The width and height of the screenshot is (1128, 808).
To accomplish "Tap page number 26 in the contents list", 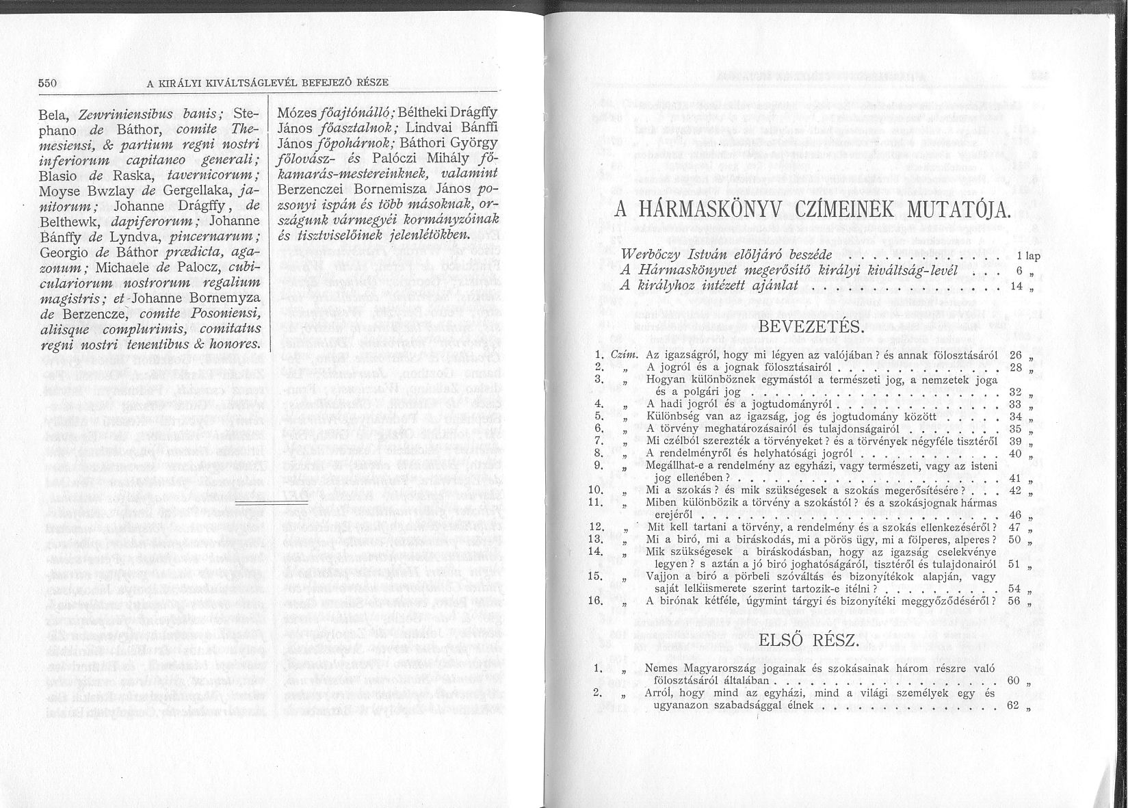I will [x=1015, y=355].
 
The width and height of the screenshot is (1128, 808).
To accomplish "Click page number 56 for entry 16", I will [x=1014, y=601].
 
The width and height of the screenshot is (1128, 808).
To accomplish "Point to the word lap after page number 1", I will [x=1033, y=256].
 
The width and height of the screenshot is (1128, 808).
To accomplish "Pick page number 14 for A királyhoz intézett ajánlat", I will [x=1016, y=286].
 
